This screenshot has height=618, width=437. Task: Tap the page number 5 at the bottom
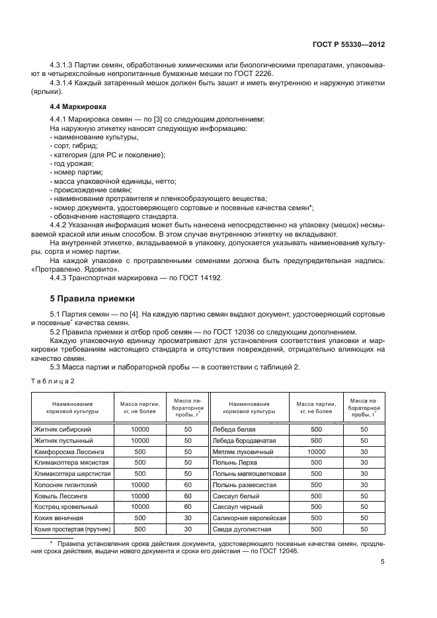click(383, 562)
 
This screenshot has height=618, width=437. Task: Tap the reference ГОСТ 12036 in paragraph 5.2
click(232, 331)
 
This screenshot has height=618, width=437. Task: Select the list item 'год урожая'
click(73, 163)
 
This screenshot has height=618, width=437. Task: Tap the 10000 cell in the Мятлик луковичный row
click(316, 451)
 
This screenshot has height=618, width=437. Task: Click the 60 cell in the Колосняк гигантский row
click(188, 485)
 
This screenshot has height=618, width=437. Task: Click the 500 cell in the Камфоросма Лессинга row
click(139, 451)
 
